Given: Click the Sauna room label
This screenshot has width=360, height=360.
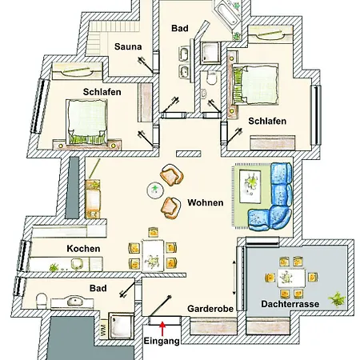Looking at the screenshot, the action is tap(128, 46).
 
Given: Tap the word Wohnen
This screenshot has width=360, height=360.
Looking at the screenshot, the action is tap(206, 202).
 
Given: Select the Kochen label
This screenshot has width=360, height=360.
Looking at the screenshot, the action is tap(83, 249).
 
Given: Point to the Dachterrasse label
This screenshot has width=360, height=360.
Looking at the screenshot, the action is tap(290, 304).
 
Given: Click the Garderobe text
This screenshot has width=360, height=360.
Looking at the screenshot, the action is tap(210, 309).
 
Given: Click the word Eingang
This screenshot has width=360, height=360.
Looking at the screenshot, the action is tap(162, 341).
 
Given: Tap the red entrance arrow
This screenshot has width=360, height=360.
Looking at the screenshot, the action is tap(162, 329).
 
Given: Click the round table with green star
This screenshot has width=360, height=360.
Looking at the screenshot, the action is tap(155, 190).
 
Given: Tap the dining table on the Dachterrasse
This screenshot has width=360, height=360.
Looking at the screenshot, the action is tap(291, 278).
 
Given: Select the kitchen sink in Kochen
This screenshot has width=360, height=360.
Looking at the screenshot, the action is tap(77, 264).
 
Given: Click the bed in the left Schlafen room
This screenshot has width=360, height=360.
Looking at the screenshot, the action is tap(87, 122).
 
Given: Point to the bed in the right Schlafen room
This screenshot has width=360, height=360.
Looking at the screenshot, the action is tap(255, 84).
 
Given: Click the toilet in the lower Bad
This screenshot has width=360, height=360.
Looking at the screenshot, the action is tap(42, 301).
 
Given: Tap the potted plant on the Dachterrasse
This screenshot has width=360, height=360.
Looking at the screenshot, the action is tap(337, 299).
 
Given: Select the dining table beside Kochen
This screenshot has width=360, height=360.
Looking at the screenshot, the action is tap(153, 255).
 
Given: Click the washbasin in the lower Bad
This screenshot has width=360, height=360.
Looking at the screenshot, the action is tap(75, 302).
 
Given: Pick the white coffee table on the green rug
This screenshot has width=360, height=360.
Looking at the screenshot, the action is tap(250, 186).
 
